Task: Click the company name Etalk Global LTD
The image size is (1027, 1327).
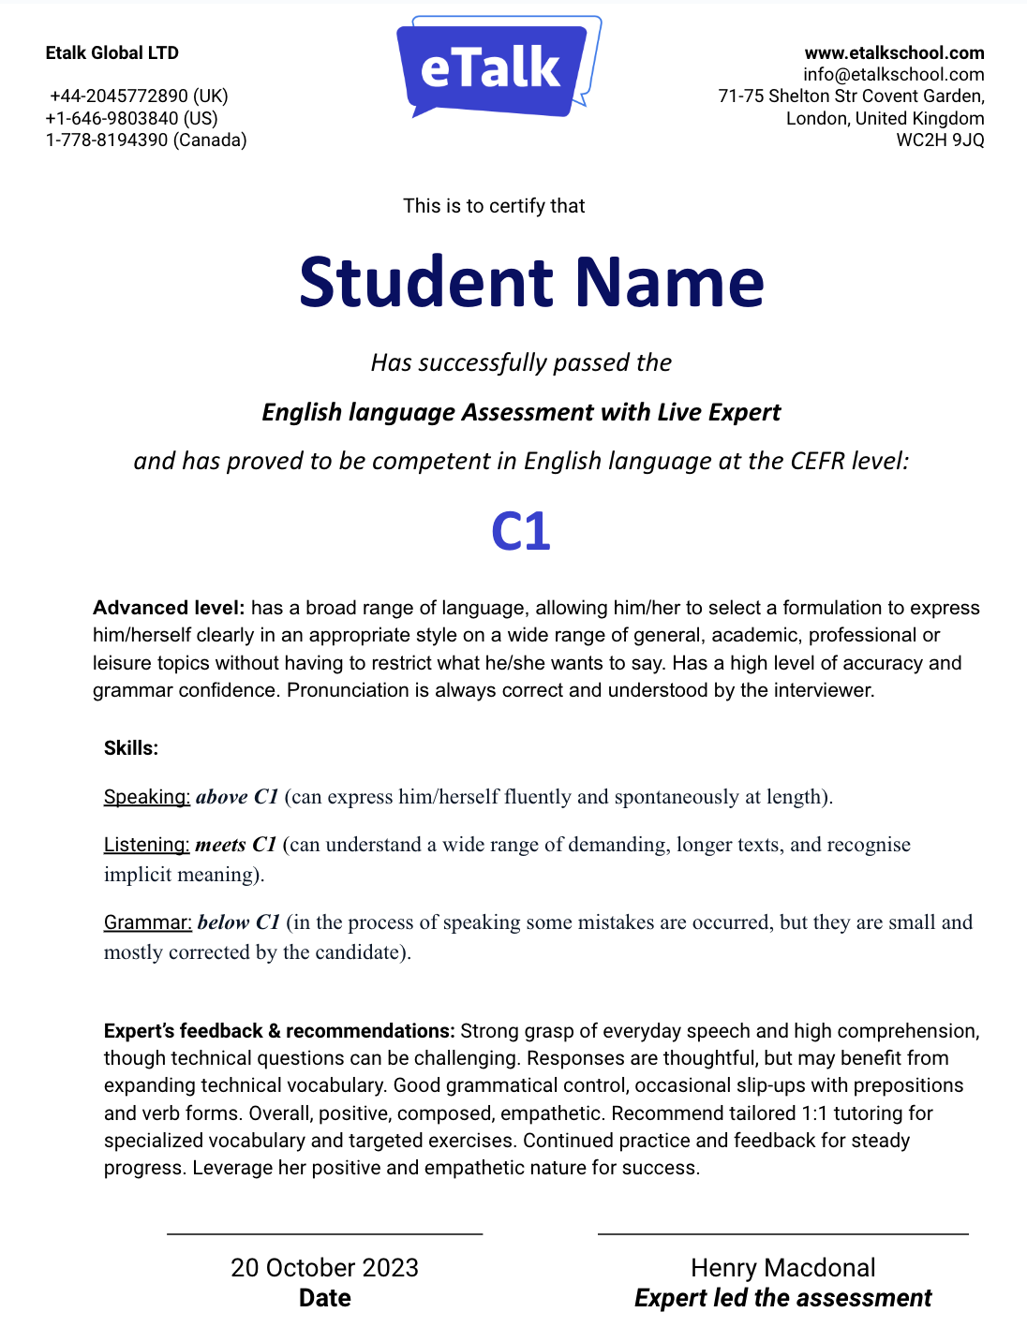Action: [112, 52]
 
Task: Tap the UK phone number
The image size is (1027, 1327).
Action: [139, 96]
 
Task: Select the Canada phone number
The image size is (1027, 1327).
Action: [146, 140]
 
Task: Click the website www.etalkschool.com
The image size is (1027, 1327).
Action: [894, 52]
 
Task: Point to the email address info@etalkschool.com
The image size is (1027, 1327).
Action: [893, 74]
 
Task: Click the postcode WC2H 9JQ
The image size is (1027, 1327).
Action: [940, 140]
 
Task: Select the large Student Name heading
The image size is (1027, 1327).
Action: [531, 282]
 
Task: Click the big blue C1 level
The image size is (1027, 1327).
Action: [520, 531]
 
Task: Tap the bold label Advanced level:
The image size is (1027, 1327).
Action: [169, 608]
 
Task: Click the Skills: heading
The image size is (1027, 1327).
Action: [131, 747]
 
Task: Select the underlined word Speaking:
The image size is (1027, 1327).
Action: [147, 797]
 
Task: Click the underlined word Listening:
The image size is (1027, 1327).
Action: [147, 845]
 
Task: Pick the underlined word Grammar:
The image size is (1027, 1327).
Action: [148, 922]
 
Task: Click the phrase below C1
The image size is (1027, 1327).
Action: [239, 922]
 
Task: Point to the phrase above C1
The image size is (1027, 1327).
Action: [237, 797]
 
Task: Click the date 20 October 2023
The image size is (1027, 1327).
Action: [324, 1267]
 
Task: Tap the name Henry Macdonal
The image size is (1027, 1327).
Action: [782, 1267]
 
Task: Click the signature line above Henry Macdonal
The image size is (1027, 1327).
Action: [782, 1234]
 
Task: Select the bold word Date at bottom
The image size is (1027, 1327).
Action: [324, 1298]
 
